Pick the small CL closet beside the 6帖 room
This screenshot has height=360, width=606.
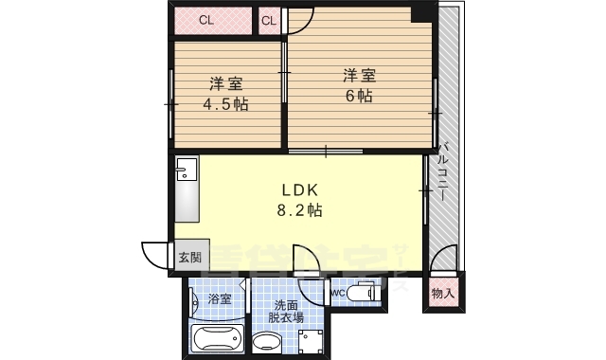tap(270, 20)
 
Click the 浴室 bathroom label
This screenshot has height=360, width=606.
tap(219, 299)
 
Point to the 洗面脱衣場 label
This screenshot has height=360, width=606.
tap(288, 313)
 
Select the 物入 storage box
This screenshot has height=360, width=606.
tap(442, 293)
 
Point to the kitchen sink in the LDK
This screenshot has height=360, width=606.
tap(184, 171)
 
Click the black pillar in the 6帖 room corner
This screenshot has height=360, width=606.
tap(418, 14)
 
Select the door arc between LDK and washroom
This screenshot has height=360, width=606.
tap(307, 261)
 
